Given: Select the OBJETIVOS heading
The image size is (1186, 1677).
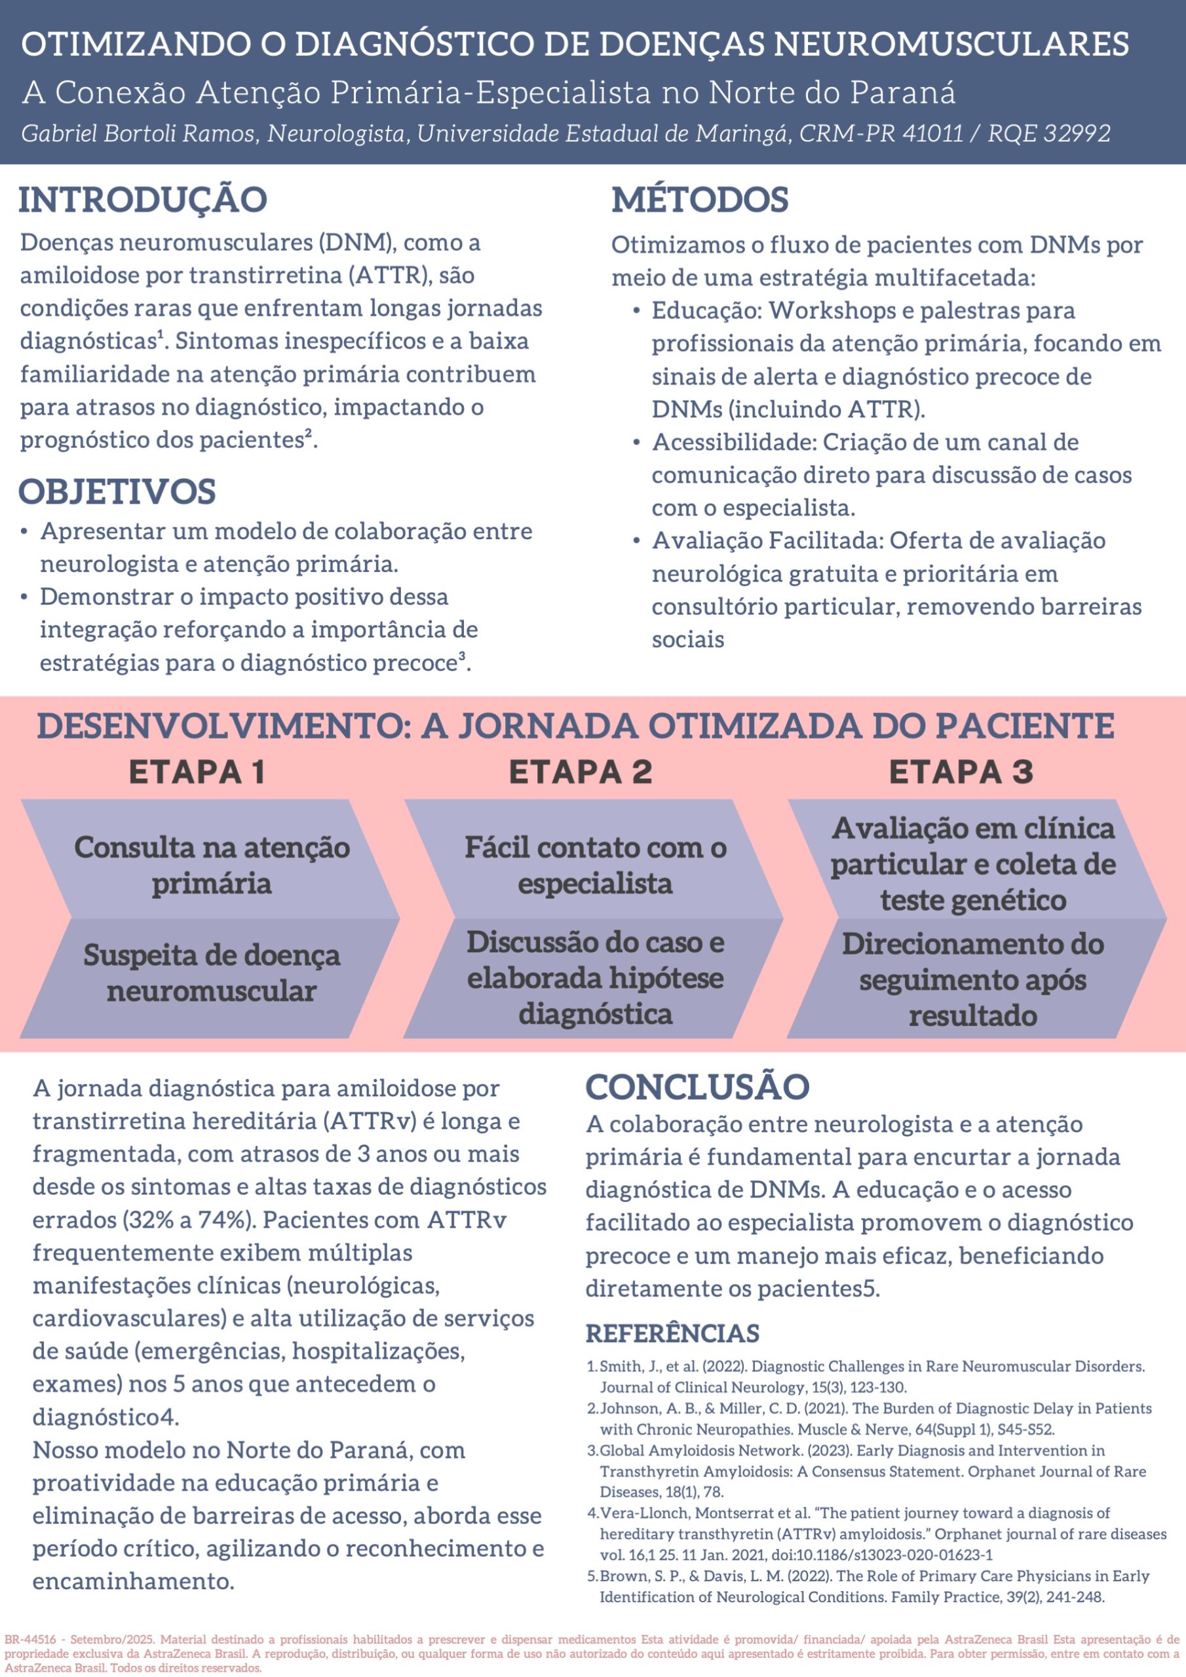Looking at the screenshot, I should tap(117, 491).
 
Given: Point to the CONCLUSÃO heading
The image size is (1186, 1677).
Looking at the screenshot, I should tap(697, 1087).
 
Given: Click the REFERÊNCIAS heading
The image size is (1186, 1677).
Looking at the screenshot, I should tap(672, 1334).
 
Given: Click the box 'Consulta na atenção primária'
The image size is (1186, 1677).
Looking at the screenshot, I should tap(212, 865).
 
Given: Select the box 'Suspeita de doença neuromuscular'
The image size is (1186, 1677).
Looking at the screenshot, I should tap(212, 973).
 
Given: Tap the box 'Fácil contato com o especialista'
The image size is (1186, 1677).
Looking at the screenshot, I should tap(595, 865).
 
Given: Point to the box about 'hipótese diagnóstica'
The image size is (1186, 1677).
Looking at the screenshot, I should tap(595, 977).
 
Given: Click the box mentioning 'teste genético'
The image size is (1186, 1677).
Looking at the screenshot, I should tap(972, 863).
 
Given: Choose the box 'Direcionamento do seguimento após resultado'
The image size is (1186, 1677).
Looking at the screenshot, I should tap(972, 979).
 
